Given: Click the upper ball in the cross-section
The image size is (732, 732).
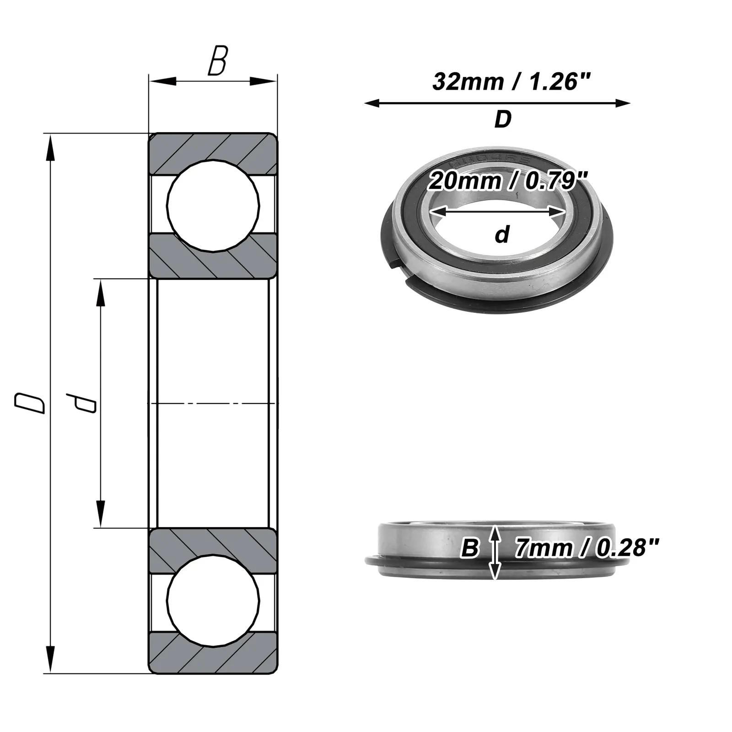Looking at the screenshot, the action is coord(213,205).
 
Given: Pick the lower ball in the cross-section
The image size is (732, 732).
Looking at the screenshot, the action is coord(213,601).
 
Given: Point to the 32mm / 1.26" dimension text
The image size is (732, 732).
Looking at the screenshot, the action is coord(512,82).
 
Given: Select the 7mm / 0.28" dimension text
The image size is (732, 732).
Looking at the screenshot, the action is coord(587,548).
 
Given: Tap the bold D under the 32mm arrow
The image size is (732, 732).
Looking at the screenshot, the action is coord(503,119).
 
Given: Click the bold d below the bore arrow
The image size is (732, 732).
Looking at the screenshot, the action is coord(502,235).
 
